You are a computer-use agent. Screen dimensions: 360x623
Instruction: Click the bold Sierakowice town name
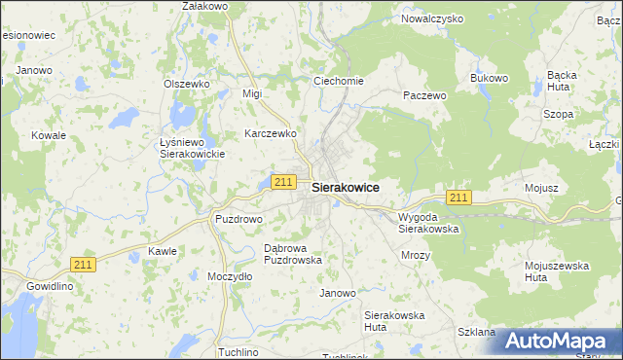coord(346,187)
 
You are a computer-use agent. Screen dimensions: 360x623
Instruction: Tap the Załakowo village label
coord(204,7)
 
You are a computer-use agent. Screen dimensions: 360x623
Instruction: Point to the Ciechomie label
coord(338,81)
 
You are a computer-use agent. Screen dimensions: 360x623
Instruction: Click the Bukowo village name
coord(489,78)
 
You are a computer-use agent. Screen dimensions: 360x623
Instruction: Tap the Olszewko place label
coord(187,84)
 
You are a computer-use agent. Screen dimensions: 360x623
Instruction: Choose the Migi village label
coord(253,93)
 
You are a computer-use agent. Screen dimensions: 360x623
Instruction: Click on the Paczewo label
coord(424,96)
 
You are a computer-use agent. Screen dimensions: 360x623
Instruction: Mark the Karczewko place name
coord(271,133)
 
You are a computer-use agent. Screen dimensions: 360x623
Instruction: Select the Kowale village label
coord(48,135)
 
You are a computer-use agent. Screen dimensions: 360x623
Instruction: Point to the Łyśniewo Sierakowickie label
coord(192,148)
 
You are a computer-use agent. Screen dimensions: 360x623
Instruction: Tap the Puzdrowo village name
coord(238,219)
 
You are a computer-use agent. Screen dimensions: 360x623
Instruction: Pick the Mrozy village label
coord(416,254)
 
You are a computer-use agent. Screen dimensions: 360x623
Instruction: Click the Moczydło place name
coord(230,276)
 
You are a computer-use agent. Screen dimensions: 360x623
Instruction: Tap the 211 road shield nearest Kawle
coord(84,264)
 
